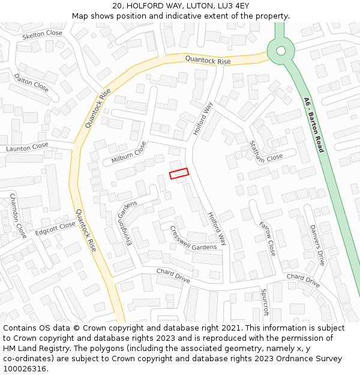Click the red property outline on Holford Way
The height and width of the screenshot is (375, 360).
pyautogui.click(x=179, y=173)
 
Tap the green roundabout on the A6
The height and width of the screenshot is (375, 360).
pyautogui.click(x=280, y=50)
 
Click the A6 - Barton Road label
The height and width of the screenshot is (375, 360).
pyautogui.click(x=313, y=125)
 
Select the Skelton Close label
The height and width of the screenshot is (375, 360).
pyautogui.click(x=42, y=35)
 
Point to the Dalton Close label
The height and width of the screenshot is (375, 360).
pyautogui.click(x=31, y=82)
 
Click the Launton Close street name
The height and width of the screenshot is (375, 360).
pyautogui.click(x=27, y=146)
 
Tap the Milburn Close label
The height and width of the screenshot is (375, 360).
pyautogui.click(x=128, y=152)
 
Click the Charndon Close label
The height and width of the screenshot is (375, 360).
pyautogui.click(x=18, y=215)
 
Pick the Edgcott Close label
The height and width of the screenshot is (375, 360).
pyautogui.click(x=55, y=229)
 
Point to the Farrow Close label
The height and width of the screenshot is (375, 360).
pyautogui.click(x=267, y=239)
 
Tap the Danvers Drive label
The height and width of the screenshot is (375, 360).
pyautogui.click(x=317, y=245)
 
